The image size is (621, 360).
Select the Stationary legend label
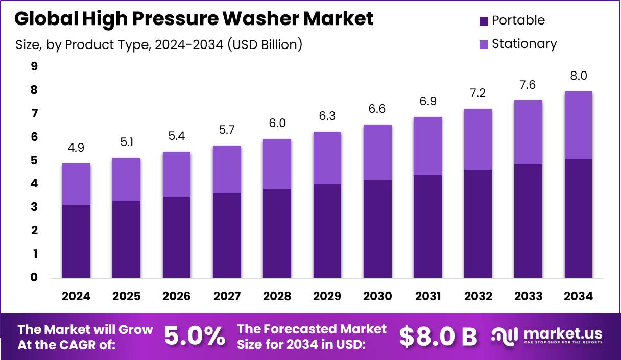coord(524,44)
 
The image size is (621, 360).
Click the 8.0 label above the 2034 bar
coord(578,76)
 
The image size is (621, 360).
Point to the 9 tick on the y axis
coord(34,66)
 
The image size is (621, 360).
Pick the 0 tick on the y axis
coord(34,277)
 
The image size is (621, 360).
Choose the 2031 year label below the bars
coord(428,297)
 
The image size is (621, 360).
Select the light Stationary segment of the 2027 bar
coord(227,169)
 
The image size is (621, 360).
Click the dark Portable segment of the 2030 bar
coord(378,229)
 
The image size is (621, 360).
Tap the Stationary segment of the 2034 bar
coord(578,125)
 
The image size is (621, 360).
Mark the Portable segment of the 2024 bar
coord(76,241)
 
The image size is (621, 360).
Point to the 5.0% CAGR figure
coord(195,337)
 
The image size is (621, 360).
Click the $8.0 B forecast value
coord(438,337)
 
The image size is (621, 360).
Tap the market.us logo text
coord(563,334)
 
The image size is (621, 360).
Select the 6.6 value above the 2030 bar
coord(378,109)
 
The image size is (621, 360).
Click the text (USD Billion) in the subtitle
coord(265,45)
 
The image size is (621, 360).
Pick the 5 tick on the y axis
coord(34,160)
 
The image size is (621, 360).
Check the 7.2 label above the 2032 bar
coord(478,93)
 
